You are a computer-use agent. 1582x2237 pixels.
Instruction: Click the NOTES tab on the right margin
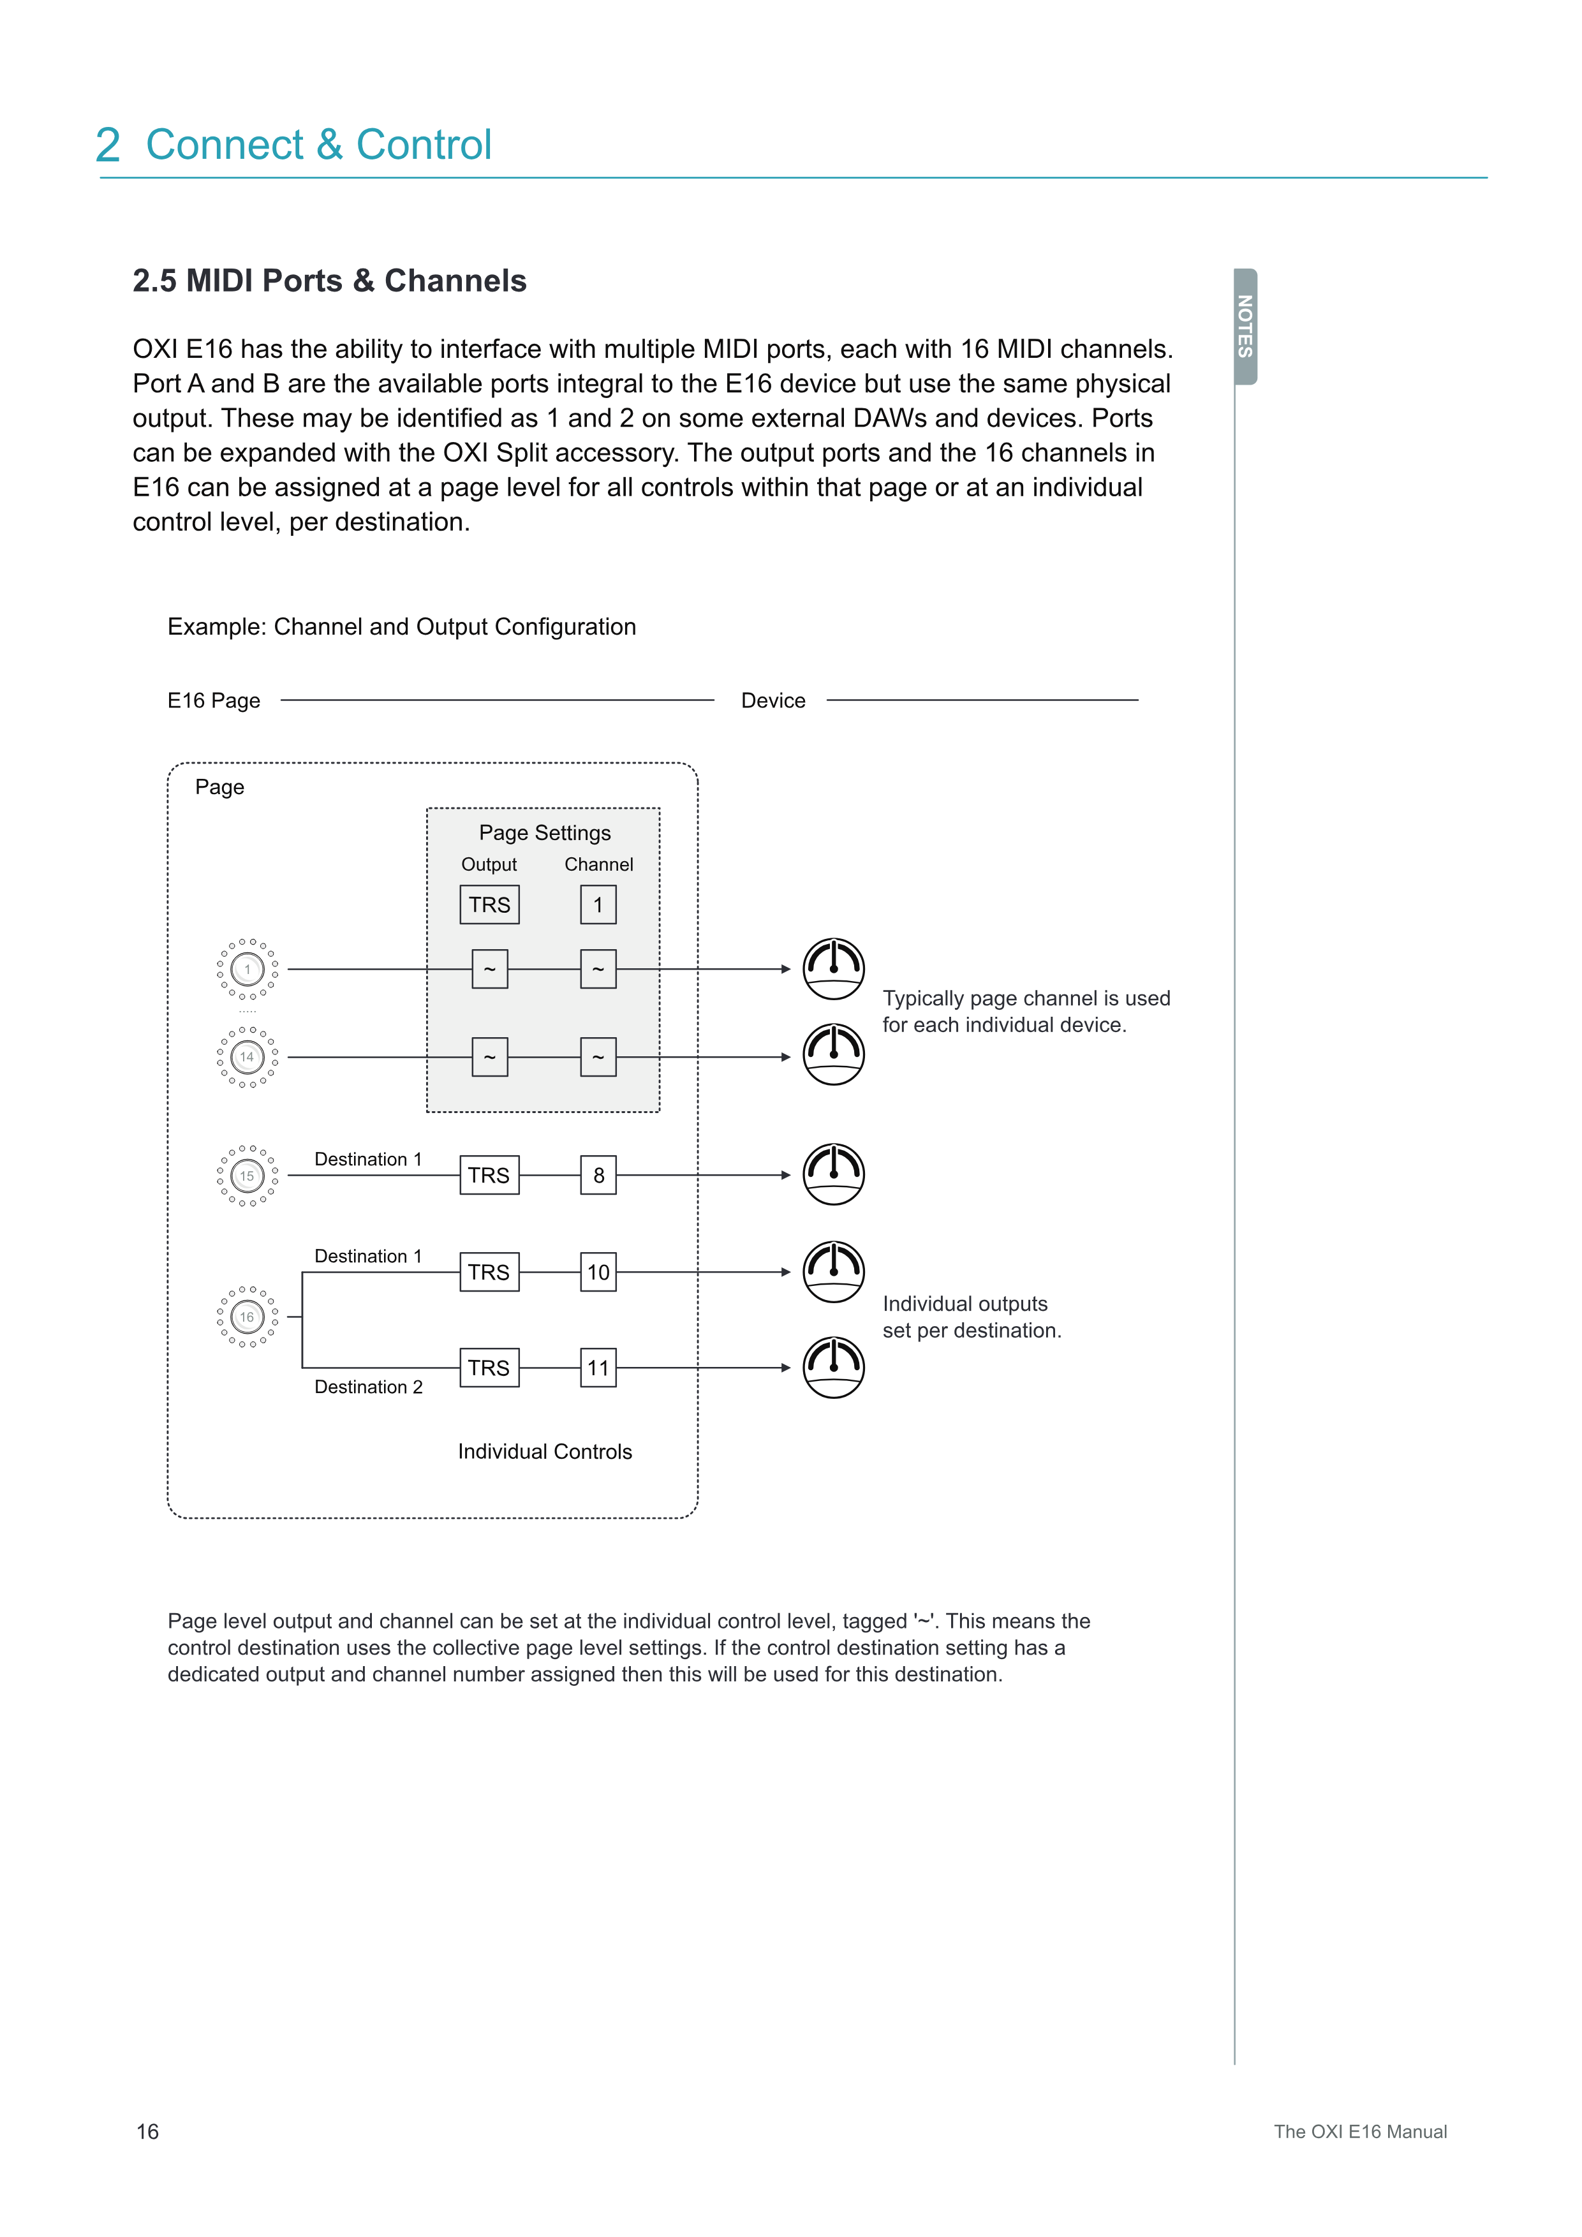pos(1245,327)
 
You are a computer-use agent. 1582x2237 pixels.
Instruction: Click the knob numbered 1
pos(248,970)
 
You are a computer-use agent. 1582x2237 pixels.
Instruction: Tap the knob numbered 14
pos(248,1057)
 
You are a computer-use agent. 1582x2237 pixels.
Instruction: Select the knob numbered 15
pos(248,1176)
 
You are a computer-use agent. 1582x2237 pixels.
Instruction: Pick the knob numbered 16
pos(248,1317)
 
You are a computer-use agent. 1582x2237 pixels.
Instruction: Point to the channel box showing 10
pos(598,1273)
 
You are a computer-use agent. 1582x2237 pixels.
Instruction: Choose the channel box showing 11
pos(598,1368)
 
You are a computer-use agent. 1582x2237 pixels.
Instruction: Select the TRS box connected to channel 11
pos(489,1368)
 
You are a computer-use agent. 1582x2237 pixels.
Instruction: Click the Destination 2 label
pos(368,1387)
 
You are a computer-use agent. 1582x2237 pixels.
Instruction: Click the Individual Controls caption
pos(545,1452)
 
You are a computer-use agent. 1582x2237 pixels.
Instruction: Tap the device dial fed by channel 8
pos(834,1174)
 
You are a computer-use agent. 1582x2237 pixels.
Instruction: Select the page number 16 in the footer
pos(148,2132)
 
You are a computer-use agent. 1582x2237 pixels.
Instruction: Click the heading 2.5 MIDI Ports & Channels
pos(329,281)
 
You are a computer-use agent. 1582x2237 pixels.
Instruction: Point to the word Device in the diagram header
pos(774,700)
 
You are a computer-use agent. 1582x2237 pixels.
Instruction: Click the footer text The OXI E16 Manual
pos(1360,2132)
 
